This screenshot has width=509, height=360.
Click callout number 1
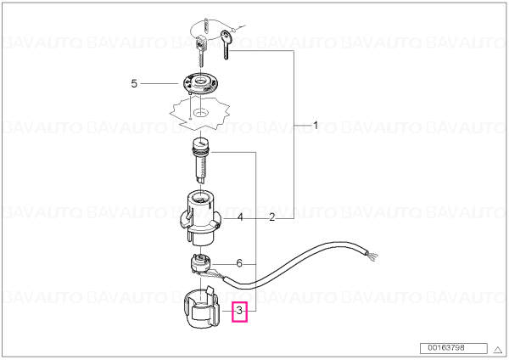pyautogui.click(x=316, y=125)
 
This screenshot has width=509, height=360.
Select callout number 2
pyautogui.click(x=272, y=217)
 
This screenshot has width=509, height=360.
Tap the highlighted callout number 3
pyautogui.click(x=239, y=312)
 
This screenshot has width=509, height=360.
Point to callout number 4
pyautogui.click(x=240, y=217)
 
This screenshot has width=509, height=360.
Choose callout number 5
pyautogui.click(x=134, y=84)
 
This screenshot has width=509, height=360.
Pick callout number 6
pyautogui.click(x=239, y=263)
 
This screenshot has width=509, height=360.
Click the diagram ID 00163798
pyautogui.click(x=445, y=348)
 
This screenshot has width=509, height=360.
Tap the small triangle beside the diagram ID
pyautogui.click(x=498, y=350)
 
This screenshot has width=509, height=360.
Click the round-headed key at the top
pyautogui.click(x=226, y=44)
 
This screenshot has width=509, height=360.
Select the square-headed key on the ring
pyautogui.click(x=200, y=50)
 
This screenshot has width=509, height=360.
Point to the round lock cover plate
pyautogui.click(x=200, y=83)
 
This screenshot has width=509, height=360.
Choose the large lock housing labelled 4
pyautogui.click(x=200, y=217)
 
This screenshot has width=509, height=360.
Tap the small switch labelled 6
pyautogui.click(x=200, y=263)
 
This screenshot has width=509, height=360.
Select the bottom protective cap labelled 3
pyautogui.click(x=201, y=308)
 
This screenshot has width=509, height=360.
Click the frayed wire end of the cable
pyautogui.click(x=372, y=256)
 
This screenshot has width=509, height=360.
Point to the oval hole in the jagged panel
pyautogui.click(x=201, y=113)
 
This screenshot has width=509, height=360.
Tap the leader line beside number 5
pyautogui.click(x=159, y=84)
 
